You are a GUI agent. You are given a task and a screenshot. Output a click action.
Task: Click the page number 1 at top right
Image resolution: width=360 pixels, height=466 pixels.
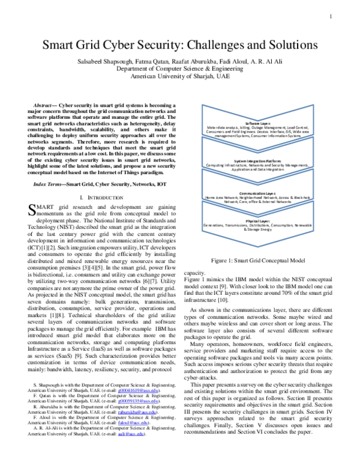click(x=330, y=16)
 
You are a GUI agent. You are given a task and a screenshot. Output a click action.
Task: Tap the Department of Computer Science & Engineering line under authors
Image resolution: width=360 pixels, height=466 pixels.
click(x=179, y=69)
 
